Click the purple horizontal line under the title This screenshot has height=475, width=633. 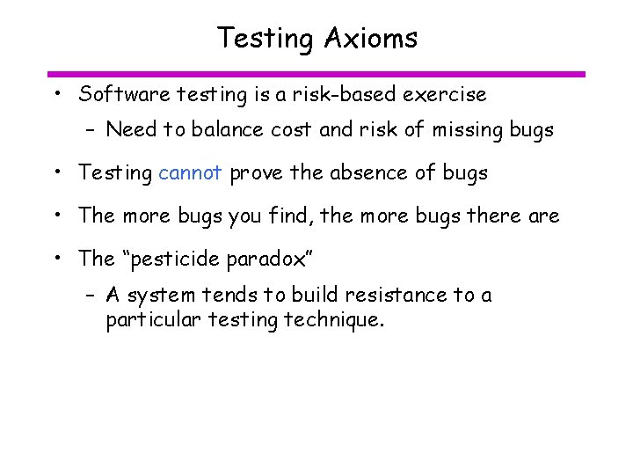pyautogui.click(x=316, y=74)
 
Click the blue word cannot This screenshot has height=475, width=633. pyautogui.click(x=190, y=172)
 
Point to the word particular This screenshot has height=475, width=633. pyautogui.click(x=153, y=319)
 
